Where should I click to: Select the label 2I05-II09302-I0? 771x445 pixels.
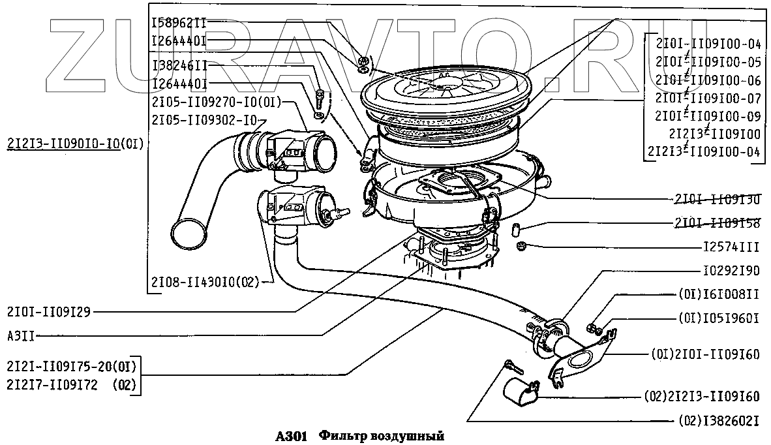(205, 119)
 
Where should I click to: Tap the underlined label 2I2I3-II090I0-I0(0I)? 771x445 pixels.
(75, 143)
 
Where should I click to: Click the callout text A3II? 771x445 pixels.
(21, 335)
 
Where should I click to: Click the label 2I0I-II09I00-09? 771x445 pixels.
(708, 116)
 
